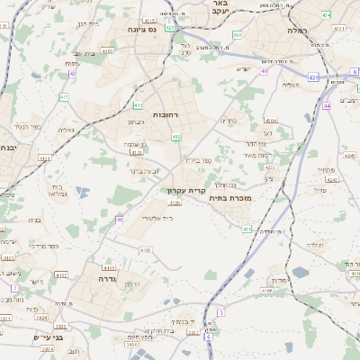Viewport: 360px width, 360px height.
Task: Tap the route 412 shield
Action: tap(176, 137)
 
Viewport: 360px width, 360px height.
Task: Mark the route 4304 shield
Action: tap(271, 119)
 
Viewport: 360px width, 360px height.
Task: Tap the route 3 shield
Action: tap(220, 312)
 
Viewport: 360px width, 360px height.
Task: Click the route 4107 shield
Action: tap(61, 274)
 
